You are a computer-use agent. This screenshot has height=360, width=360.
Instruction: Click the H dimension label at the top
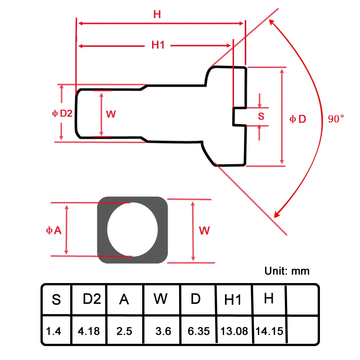click(x=157, y=14)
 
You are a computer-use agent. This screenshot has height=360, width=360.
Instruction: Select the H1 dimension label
click(x=158, y=45)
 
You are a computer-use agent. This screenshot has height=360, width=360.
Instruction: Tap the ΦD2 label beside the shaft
click(x=62, y=113)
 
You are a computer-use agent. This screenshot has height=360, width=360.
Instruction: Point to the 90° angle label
click(x=336, y=119)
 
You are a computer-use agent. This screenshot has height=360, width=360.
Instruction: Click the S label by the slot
click(x=261, y=116)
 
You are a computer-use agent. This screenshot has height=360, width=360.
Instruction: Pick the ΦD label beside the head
click(x=298, y=119)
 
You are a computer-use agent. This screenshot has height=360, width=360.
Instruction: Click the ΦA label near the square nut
click(x=54, y=230)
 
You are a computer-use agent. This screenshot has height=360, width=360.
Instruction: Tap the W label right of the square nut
click(x=204, y=230)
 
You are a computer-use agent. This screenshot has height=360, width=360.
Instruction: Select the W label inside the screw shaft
click(x=111, y=114)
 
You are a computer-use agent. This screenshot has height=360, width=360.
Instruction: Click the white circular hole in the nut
click(x=132, y=229)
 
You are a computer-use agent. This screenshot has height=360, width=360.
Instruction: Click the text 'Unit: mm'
click(x=287, y=271)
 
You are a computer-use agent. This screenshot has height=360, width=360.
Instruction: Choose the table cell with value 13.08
click(x=234, y=331)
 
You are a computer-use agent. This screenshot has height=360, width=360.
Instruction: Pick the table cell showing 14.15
click(x=269, y=331)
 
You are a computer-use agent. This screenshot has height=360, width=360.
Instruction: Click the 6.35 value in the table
click(x=198, y=331)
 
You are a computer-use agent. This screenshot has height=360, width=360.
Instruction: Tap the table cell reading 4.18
click(x=89, y=331)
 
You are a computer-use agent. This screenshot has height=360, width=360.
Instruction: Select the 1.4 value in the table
click(x=54, y=331)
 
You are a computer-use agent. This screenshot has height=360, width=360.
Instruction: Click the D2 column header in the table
click(x=92, y=299)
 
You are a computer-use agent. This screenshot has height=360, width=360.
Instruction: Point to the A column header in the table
click(x=124, y=299)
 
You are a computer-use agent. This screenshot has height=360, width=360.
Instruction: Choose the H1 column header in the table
click(x=233, y=300)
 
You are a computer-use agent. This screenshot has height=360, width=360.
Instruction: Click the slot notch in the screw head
click(x=239, y=117)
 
